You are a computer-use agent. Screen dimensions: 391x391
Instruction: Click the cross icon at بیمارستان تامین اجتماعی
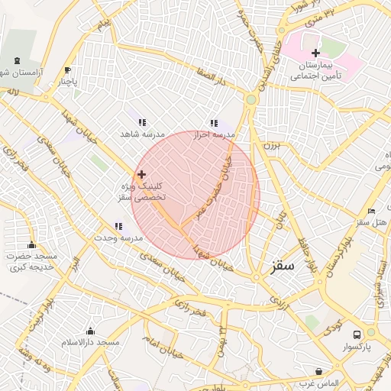tap(315, 53)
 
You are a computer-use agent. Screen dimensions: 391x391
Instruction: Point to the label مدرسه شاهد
tap(142, 134)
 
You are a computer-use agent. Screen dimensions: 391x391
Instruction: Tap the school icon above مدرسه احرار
tap(214, 122)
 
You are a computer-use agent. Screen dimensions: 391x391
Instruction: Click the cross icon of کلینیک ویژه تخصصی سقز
tap(141, 175)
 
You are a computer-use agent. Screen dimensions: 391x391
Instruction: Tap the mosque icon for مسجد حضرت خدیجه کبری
tap(31, 244)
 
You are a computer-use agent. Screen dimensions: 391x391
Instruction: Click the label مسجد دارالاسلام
tap(91, 342)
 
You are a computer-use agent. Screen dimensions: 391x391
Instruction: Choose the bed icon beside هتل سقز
tap(371, 211)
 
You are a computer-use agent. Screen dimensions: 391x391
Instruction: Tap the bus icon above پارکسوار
tap(357, 334)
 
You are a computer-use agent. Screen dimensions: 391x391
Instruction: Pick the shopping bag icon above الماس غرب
tap(318, 371)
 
